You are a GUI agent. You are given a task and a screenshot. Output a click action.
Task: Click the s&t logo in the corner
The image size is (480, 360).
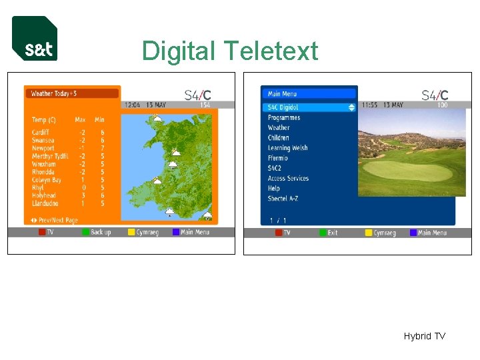click(x=35, y=39)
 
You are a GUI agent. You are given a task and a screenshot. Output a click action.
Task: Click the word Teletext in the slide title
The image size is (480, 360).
click(x=271, y=51)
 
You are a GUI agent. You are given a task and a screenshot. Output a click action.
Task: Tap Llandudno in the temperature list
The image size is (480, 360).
click(x=45, y=203)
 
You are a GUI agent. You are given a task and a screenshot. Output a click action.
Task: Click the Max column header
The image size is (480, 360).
click(x=80, y=120)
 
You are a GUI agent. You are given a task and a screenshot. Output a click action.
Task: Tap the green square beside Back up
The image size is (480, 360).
click(x=85, y=232)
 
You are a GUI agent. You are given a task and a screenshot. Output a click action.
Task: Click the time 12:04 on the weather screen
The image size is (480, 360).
click(x=131, y=105)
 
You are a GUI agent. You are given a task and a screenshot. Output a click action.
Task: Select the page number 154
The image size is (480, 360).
click(x=205, y=105)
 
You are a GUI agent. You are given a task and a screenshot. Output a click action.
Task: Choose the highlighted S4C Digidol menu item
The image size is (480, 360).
click(x=283, y=107)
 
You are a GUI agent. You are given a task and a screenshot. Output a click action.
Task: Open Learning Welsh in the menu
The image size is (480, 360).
click(x=288, y=148)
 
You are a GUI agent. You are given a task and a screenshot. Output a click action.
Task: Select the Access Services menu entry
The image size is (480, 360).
click(x=289, y=178)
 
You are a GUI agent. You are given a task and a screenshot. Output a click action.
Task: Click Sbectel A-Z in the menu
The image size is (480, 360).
click(x=283, y=199)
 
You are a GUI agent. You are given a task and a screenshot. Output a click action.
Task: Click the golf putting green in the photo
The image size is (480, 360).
click(x=408, y=171)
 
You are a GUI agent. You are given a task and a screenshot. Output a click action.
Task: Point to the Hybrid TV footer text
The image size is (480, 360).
click(x=424, y=336)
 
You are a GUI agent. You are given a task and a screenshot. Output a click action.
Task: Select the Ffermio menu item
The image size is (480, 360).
click(x=278, y=158)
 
